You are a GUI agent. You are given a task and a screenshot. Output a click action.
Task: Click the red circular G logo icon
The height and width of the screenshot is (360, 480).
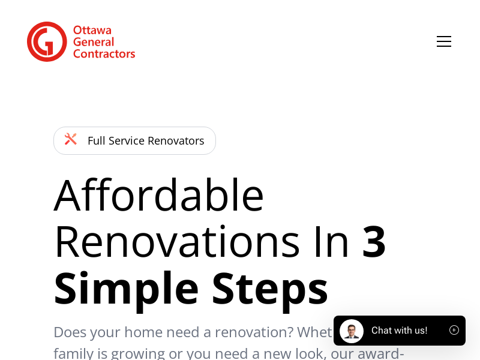tap(47, 41)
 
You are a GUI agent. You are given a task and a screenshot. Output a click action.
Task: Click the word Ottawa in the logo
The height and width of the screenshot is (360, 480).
tap(92, 30)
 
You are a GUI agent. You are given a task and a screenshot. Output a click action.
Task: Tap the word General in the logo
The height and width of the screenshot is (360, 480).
tap(94, 41)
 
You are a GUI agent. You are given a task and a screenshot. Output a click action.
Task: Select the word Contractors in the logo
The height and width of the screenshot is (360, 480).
tap(104, 53)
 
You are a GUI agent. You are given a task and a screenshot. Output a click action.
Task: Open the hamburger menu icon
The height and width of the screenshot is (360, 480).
tap(444, 41)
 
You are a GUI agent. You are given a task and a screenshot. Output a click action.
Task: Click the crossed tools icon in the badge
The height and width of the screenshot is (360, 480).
tap(71, 139)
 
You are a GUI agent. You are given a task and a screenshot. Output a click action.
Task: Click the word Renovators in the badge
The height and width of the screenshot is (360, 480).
tap(176, 140)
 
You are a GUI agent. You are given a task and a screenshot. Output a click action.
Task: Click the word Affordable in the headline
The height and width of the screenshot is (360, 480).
tap(159, 195)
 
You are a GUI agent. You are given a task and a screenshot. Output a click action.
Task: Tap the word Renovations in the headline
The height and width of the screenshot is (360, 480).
tap(176, 241)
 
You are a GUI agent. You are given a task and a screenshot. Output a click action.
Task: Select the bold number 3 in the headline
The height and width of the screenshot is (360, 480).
tap(374, 241)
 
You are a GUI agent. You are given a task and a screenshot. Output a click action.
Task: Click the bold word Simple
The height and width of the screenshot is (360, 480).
tap(126, 287)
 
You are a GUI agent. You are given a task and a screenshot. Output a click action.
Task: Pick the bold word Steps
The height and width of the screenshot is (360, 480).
tap(269, 287)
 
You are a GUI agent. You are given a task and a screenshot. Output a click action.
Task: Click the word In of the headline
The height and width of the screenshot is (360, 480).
tap(331, 241)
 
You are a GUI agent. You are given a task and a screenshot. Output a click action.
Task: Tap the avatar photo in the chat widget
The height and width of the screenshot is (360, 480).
tap(351, 331)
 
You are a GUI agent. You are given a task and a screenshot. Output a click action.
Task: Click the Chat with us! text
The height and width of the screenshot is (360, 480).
tap(399, 331)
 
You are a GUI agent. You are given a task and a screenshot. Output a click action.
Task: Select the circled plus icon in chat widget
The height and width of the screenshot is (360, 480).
tap(454, 330)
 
